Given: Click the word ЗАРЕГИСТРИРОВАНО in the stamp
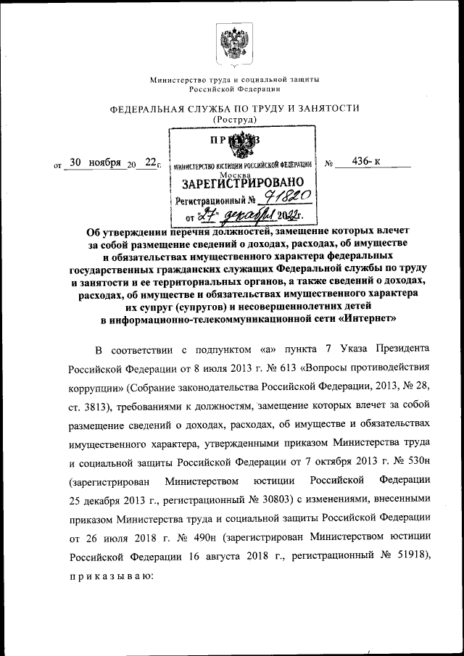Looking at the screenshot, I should coord(243,183).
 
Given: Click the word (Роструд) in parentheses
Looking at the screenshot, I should coord(232,119).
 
